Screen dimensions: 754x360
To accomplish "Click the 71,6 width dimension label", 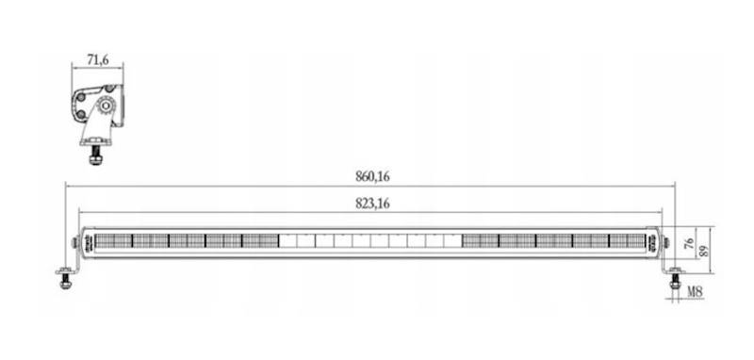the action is coord(98,60).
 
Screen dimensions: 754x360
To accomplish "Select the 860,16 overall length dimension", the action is coord(372,177).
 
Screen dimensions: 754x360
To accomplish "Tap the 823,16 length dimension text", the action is coord(372,204).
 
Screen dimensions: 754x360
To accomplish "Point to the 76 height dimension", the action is coord(690,243).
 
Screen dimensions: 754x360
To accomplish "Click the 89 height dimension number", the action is coord(704,251).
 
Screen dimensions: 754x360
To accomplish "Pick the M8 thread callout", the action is coord(695,291).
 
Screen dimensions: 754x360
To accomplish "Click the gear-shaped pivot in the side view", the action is coord(106,106).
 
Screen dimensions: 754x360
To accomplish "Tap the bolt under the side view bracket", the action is coord(96,154).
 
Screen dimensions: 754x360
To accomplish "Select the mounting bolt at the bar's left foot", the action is coord(66,279).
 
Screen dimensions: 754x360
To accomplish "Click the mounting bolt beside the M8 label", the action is coord(675,280).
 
